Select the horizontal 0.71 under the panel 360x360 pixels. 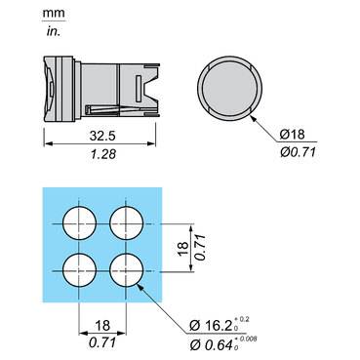[x=101, y=342]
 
